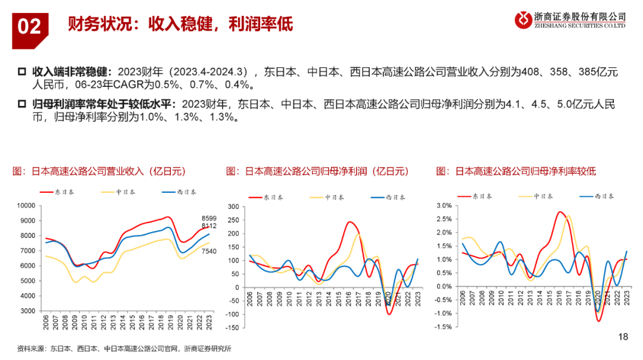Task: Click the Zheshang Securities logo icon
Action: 524,20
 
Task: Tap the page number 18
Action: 623,337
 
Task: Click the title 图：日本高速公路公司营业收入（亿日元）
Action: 99,171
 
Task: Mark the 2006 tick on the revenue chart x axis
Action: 45,324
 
